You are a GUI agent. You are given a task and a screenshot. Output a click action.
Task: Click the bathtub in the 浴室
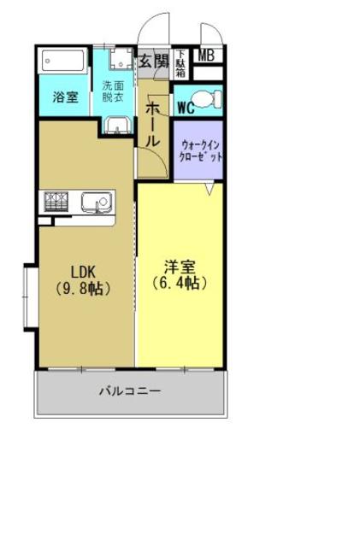pos(64,62)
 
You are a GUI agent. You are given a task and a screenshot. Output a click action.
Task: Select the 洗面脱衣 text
pos(114,91)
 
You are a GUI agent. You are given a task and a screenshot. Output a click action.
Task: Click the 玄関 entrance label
pos(154,62)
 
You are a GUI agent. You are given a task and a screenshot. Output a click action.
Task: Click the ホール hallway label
pos(153,124)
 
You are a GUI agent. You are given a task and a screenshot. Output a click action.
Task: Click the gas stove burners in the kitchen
pos(56,203)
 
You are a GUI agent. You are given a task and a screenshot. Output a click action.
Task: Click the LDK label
pos(84,271)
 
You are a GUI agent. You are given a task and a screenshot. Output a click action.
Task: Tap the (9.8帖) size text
pos(84,288)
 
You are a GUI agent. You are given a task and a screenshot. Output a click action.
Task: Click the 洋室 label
pos(180,265)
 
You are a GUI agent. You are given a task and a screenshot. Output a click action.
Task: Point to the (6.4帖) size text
pos(180,282)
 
